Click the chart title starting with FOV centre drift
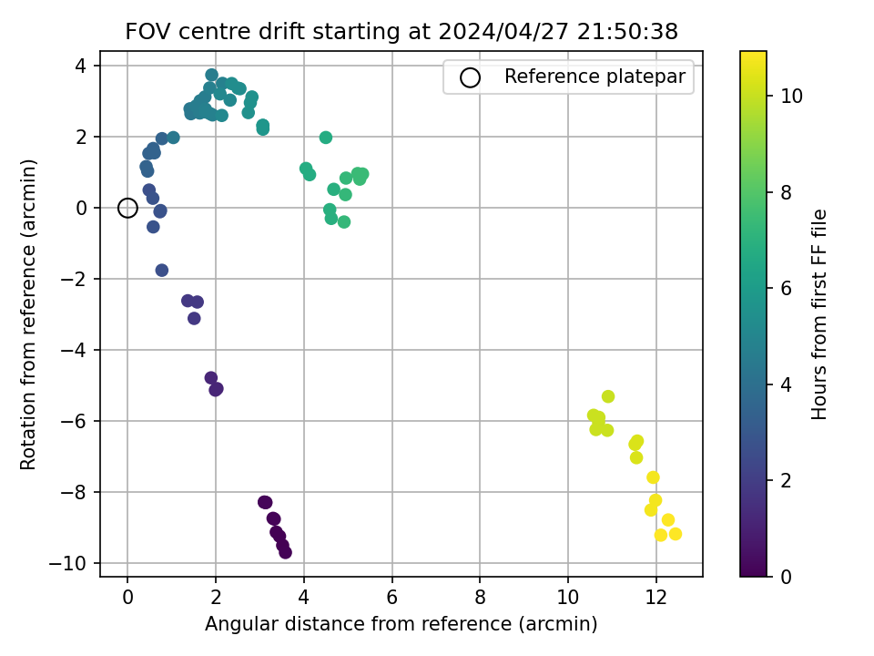(x=401, y=31)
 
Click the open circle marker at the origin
(x=127, y=200)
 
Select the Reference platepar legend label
(x=595, y=77)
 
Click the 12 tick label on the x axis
(x=656, y=598)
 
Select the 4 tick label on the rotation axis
(x=81, y=66)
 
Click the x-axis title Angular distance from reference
(x=401, y=623)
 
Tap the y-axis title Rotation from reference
(x=28, y=314)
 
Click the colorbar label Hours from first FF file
(x=818, y=314)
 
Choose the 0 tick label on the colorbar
(x=786, y=577)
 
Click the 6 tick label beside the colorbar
(x=786, y=289)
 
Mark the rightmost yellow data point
(x=675, y=534)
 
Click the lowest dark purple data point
(x=285, y=552)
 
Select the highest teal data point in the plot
(x=211, y=75)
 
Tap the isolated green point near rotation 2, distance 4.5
(x=326, y=138)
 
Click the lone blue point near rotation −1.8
(x=162, y=270)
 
